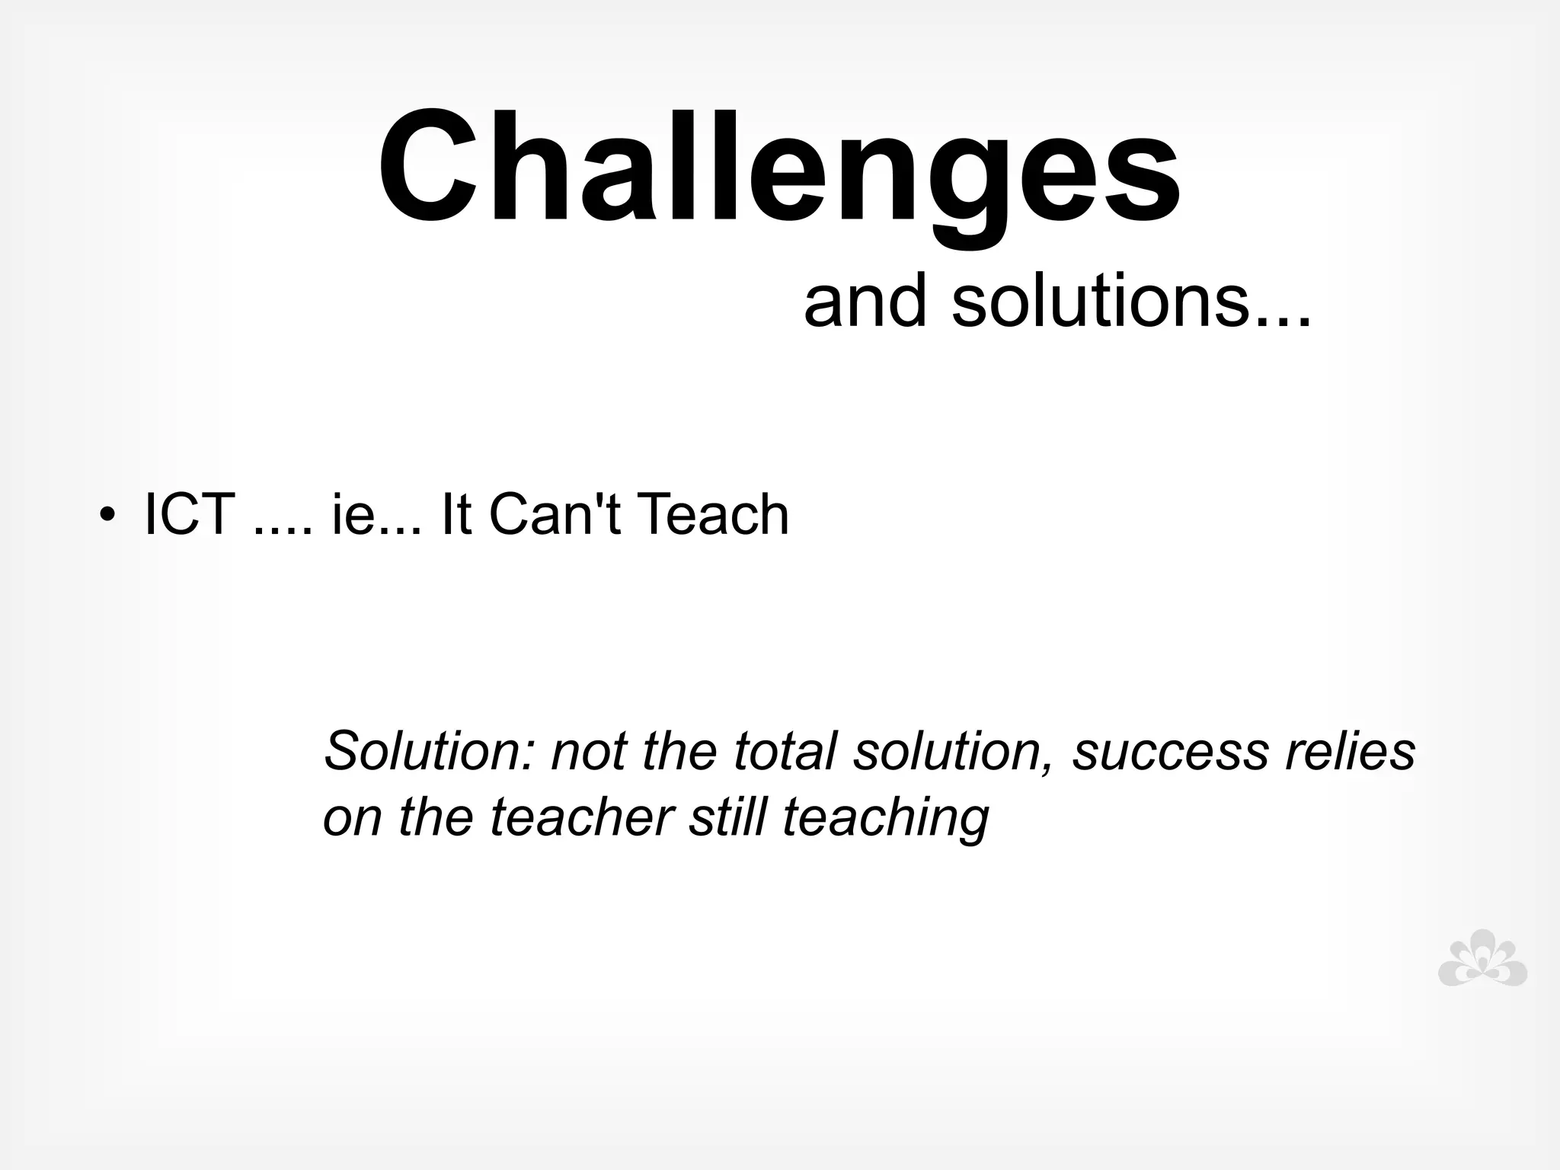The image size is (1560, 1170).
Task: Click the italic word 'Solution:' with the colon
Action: coord(431,750)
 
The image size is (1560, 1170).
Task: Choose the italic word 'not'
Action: coord(588,750)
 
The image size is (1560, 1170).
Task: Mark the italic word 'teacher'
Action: coord(581,817)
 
